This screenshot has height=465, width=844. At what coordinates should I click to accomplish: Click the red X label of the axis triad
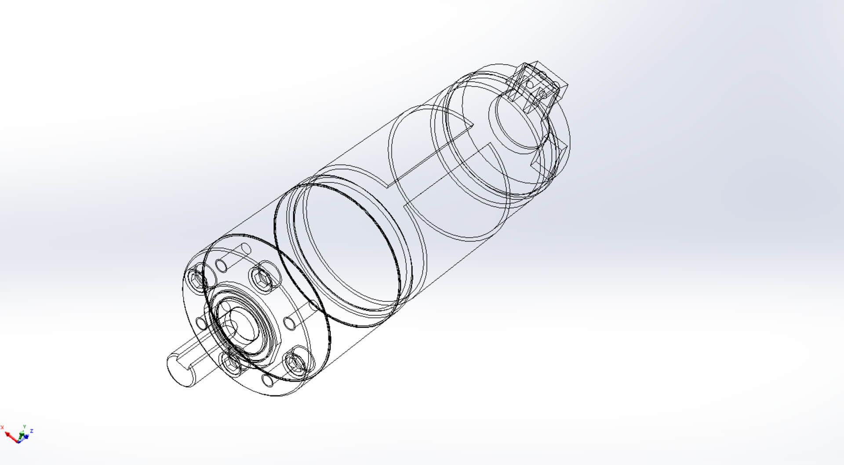2,427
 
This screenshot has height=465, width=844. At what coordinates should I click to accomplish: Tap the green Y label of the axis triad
25,426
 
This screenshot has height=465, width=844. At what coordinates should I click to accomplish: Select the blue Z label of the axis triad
32,431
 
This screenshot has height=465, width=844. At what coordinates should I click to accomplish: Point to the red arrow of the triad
11,436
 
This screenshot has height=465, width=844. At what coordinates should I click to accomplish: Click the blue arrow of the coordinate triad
27,436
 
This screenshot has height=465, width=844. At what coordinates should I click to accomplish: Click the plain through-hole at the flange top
221,265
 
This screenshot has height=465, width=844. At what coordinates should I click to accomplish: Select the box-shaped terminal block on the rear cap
538,86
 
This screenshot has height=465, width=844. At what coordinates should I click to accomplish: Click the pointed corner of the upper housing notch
472,124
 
